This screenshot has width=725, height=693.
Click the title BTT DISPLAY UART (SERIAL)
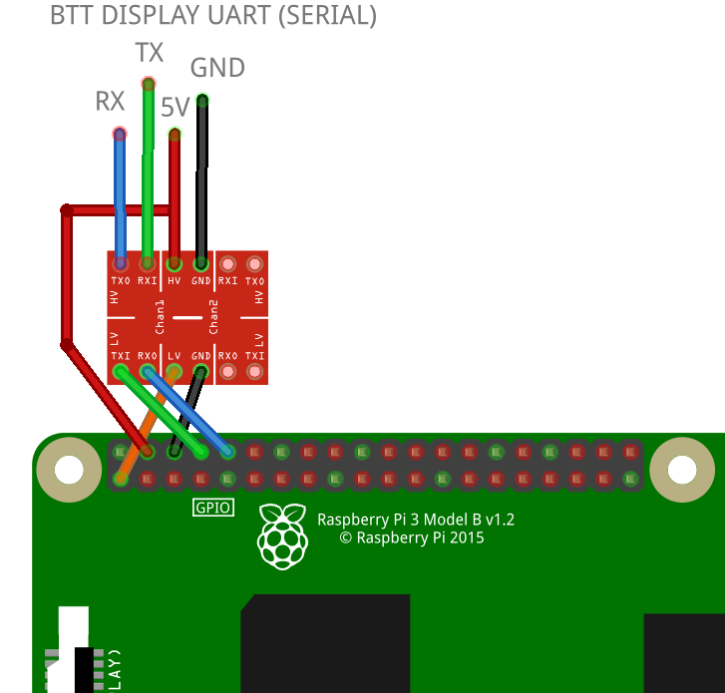[x=212, y=16]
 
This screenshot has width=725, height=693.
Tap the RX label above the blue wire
[x=110, y=101]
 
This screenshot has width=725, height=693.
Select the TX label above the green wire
[x=149, y=53]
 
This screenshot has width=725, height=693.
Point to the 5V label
[x=175, y=108]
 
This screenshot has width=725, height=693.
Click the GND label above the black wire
[x=217, y=68]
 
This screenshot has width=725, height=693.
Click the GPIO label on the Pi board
[x=212, y=508]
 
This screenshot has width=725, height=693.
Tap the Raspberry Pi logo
[x=282, y=536]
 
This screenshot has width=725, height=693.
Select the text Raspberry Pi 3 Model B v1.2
[x=415, y=520]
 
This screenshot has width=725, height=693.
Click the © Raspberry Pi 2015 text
[x=411, y=537]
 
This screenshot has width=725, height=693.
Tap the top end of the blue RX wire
[x=120, y=134]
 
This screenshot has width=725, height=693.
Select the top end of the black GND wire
[x=202, y=100]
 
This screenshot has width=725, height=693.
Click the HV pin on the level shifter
[x=175, y=264]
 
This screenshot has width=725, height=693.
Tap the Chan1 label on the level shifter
[x=161, y=318]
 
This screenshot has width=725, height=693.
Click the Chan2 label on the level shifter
[x=213, y=318]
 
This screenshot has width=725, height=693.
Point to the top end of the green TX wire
[x=148, y=83]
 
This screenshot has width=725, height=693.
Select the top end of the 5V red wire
[x=175, y=134]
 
